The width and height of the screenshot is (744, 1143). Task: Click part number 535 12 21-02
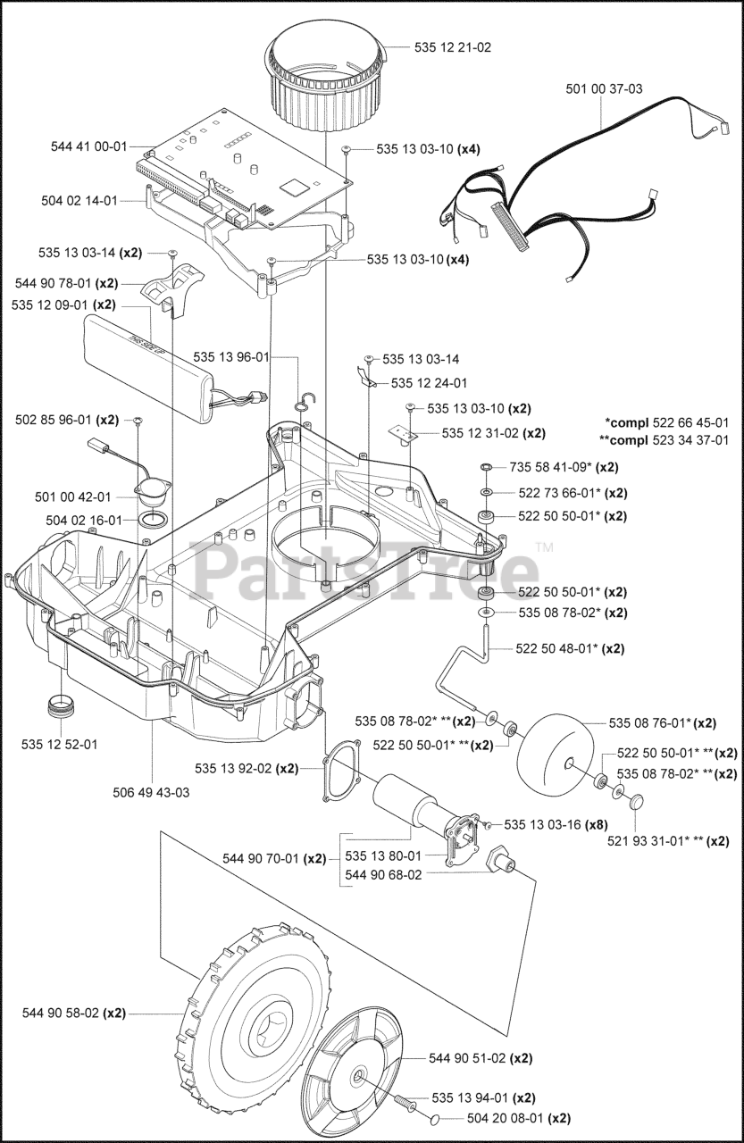pyautogui.click(x=453, y=46)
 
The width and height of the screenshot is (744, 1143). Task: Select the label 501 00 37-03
pyautogui.click(x=604, y=89)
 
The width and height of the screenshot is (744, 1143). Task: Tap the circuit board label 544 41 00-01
pyautogui.click(x=89, y=146)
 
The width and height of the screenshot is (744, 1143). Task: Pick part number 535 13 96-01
pyautogui.click(x=230, y=357)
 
